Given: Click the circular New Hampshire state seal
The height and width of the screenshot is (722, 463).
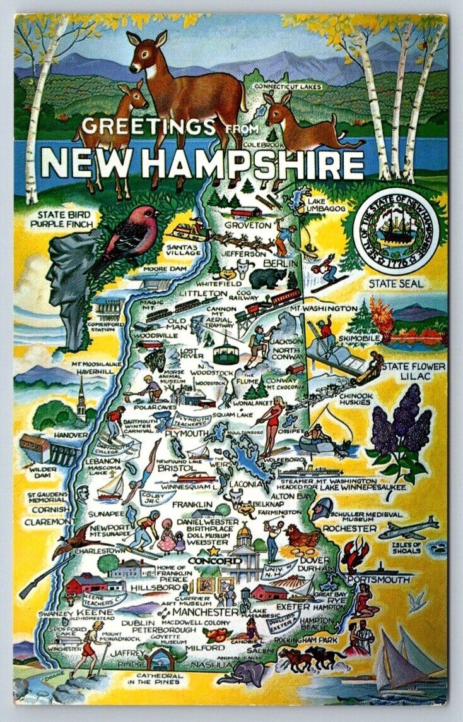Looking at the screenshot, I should [398, 232].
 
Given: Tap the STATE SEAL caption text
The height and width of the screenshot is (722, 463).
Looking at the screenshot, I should [396, 284].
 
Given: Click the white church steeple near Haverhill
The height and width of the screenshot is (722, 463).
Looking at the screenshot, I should [81, 397].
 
